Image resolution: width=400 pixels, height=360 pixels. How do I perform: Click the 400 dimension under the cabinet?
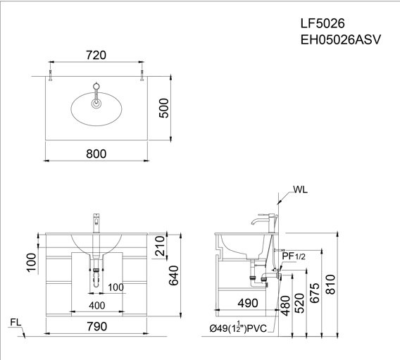(96, 306)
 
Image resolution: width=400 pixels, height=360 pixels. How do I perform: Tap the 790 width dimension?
(97, 326)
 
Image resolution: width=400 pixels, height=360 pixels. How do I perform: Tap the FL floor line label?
(16, 323)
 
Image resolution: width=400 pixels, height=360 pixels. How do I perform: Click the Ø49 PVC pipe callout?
(238, 327)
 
